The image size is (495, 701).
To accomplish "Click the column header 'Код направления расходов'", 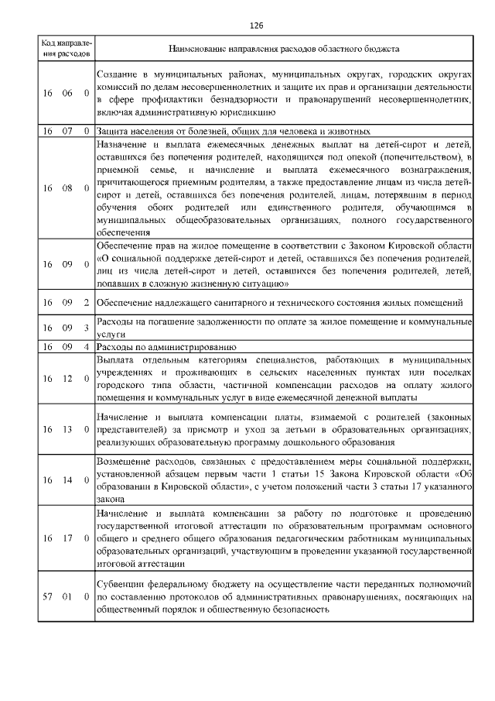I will point(66,49).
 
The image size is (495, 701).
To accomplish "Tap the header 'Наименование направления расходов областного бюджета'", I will point(284,49).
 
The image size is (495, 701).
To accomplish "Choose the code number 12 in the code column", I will point(67,379).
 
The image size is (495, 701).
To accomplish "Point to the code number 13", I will point(67,429).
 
